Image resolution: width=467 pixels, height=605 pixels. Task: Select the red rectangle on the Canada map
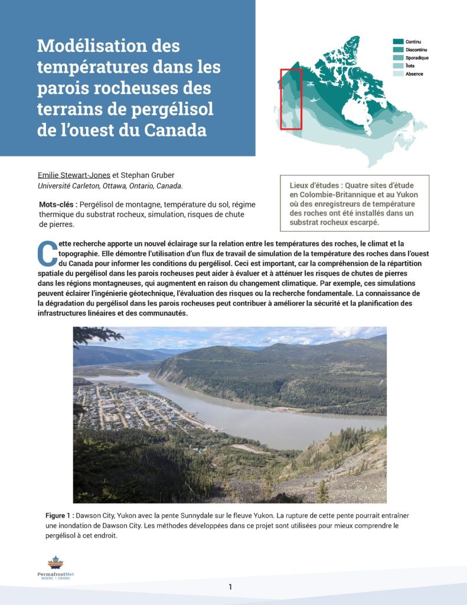coord(290,99)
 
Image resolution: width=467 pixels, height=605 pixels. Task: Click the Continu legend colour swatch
coord(398,41)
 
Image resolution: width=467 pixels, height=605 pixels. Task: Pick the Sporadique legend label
coord(417,58)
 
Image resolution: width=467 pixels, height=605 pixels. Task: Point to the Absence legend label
coord(414,74)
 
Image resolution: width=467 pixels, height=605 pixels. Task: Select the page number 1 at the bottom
coord(230,587)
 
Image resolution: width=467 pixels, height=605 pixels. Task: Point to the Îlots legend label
coord(410,66)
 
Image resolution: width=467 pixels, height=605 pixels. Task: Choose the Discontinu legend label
coord(417,50)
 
